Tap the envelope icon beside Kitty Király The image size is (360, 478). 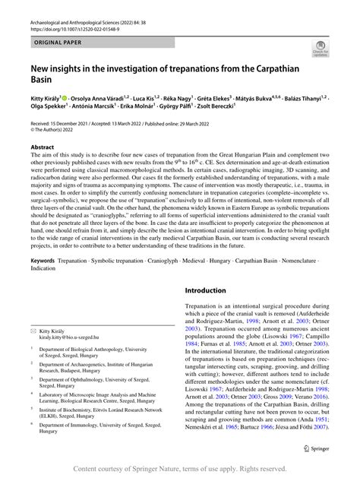[33, 310]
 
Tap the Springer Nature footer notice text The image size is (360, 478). [180, 469]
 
